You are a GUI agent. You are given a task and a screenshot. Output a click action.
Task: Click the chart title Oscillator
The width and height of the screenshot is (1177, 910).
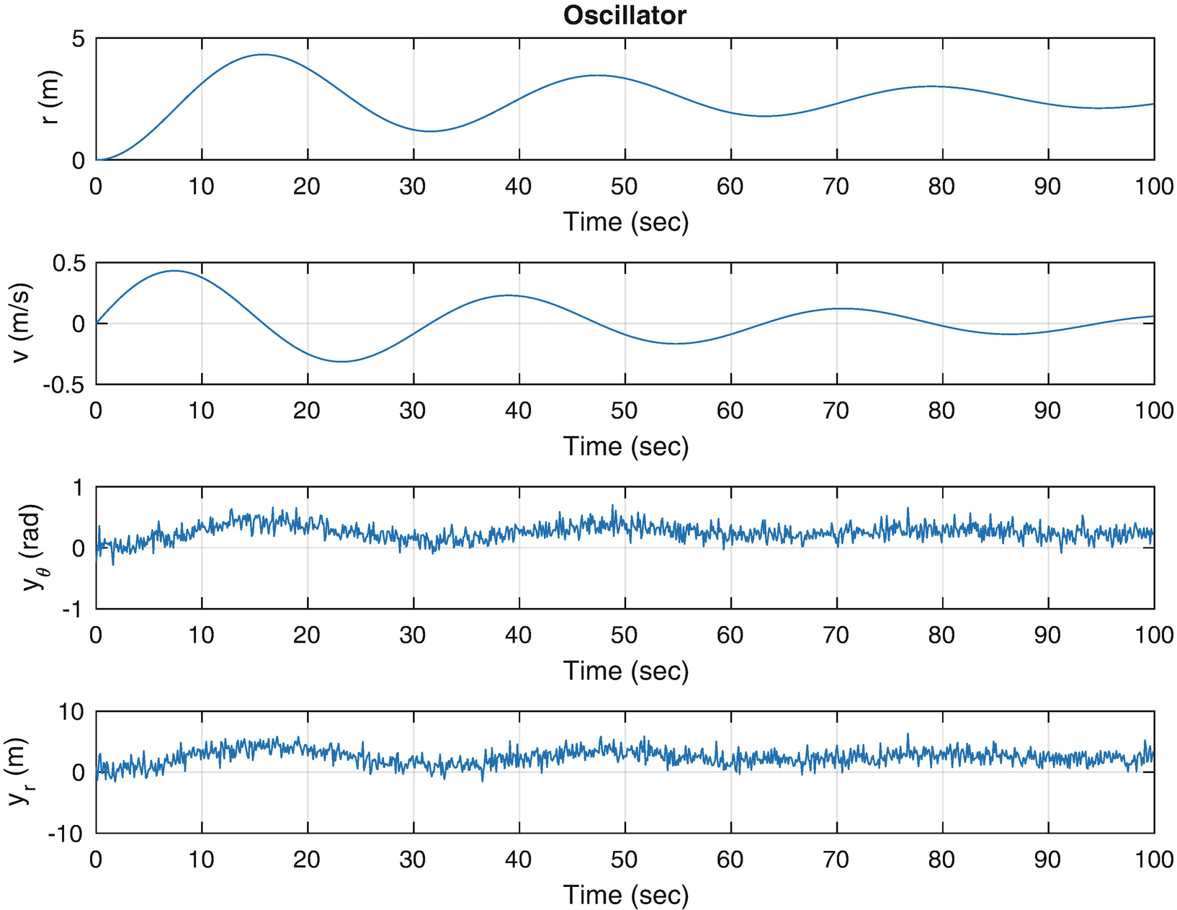click(x=624, y=14)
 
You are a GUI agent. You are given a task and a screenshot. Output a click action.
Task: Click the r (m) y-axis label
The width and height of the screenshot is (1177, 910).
click(x=50, y=98)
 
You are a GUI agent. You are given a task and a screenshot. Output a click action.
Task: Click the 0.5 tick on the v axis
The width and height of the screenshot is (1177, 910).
click(x=69, y=263)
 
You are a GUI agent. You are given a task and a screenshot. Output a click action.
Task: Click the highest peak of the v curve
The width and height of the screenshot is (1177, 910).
click(x=174, y=271)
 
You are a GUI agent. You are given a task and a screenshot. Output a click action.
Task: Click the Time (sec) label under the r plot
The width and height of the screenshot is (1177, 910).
click(x=625, y=222)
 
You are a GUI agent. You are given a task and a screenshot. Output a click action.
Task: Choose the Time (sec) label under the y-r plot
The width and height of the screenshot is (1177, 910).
click(x=625, y=895)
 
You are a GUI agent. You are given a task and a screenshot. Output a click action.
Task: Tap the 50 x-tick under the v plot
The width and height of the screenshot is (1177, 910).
click(x=625, y=411)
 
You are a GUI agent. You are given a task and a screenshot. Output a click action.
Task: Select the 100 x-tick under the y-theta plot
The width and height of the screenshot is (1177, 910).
click(x=1153, y=635)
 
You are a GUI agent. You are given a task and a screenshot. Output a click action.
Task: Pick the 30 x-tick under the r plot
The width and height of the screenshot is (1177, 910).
click(x=413, y=187)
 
